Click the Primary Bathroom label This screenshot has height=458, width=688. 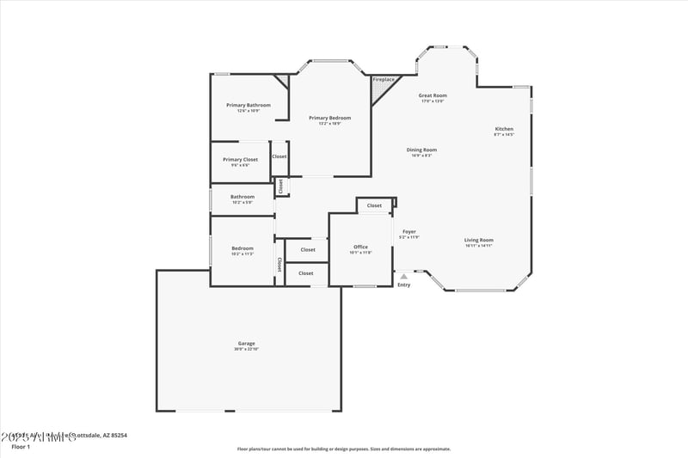pos(249,105)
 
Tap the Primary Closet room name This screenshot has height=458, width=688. pos(240,159)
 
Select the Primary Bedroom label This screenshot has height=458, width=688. pos(330,118)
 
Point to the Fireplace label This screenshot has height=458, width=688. pos(384,80)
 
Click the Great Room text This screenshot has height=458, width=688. pos(433,95)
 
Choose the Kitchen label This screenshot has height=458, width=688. pos(504,129)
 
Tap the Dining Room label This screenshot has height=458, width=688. pos(421,150)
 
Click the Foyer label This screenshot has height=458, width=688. pos(409,231)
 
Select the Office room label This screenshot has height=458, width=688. pos(360,247)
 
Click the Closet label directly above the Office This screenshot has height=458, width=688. pos(374,205)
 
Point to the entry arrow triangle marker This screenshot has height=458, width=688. pos(403,277)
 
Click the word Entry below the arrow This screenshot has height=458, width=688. pos(404,284)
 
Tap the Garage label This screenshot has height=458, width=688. pos(246,343)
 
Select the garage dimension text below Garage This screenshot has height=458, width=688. pos(246,349)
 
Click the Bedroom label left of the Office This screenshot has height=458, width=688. pos(243,248)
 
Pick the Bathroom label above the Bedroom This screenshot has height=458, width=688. pos(243,197)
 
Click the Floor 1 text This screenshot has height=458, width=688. pos(20,447)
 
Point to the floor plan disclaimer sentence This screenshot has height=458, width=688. pos(344,449)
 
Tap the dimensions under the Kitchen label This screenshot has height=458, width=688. pos(504,135)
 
